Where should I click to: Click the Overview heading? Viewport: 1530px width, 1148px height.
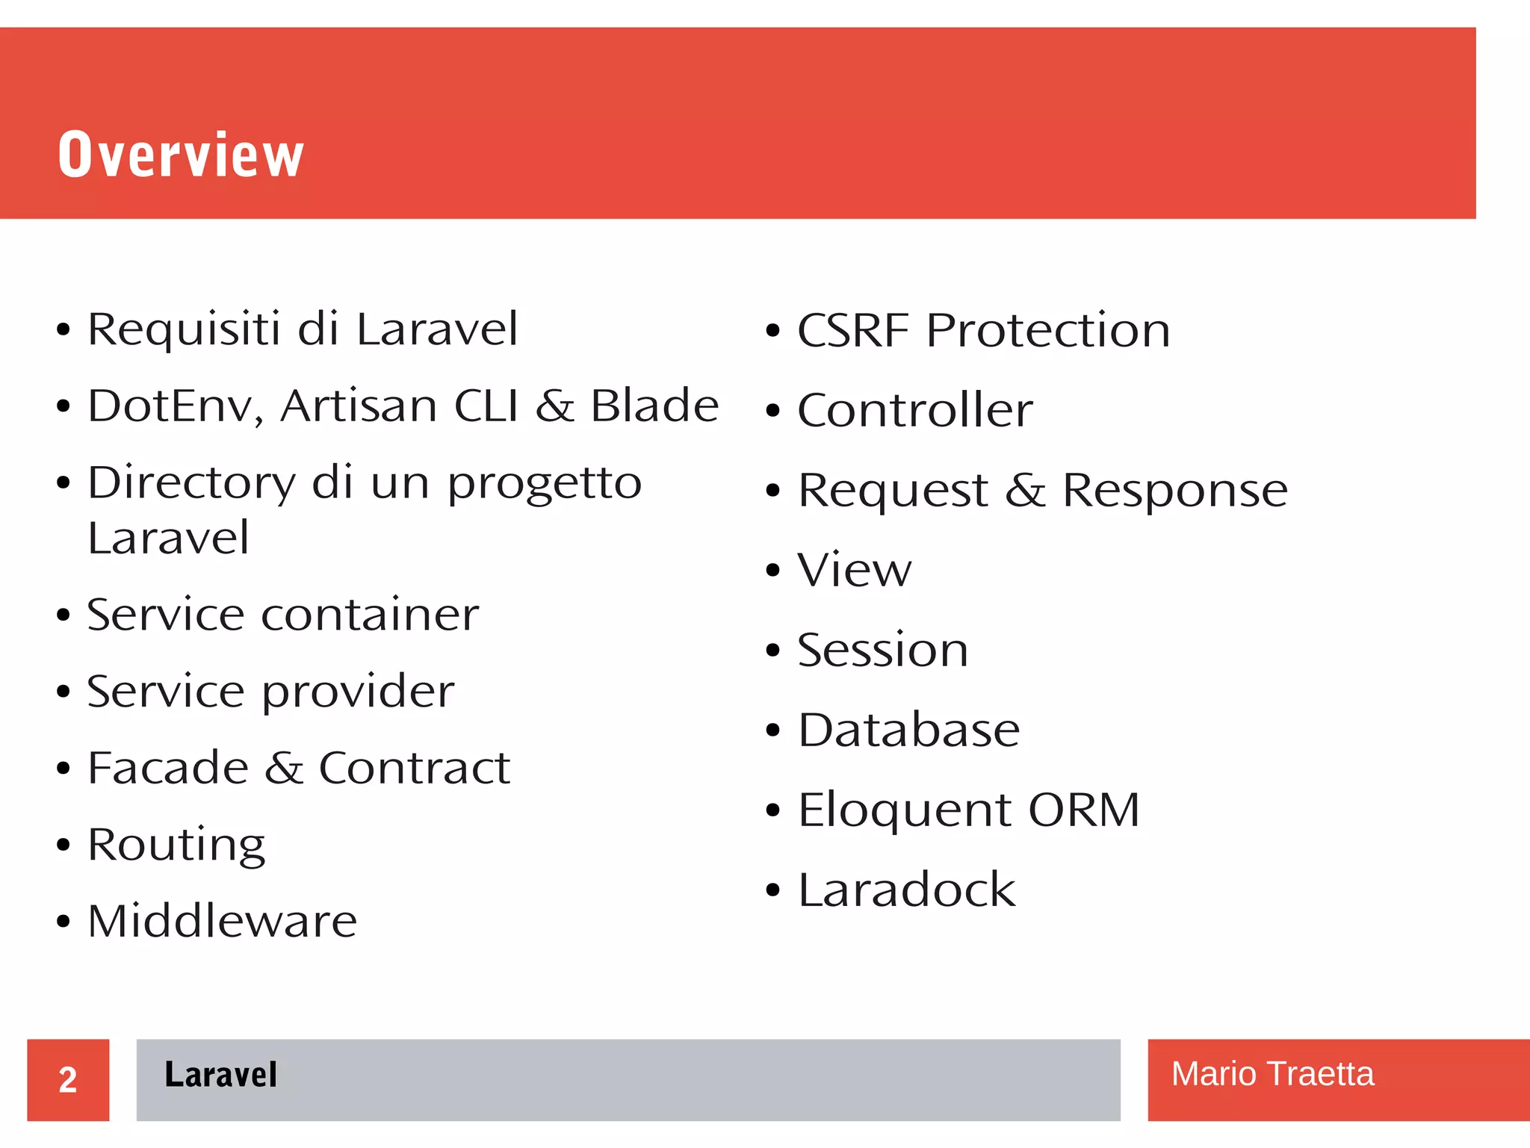pos(181,155)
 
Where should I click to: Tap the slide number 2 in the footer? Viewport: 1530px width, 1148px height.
pos(67,1080)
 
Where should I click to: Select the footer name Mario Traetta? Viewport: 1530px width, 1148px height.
pos(1272,1074)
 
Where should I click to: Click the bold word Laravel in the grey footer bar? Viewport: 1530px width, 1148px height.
pos(220,1075)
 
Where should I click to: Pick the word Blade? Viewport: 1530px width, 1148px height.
pos(654,406)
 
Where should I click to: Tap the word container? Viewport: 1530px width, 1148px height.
pos(370,615)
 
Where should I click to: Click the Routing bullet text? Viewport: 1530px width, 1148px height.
pos(176,846)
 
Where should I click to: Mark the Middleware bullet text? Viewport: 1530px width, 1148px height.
pos(223,921)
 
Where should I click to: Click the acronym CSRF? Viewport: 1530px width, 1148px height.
pos(852,330)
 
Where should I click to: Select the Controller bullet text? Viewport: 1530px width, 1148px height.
pos(914,410)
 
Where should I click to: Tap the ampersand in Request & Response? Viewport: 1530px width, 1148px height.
pos(1024,491)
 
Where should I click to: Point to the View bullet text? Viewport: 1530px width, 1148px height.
pos(854,570)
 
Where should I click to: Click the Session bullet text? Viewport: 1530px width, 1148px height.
pos(882,650)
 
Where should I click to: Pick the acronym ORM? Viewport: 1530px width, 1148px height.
pos(1083,810)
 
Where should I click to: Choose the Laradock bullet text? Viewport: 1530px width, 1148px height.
pos(906,890)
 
